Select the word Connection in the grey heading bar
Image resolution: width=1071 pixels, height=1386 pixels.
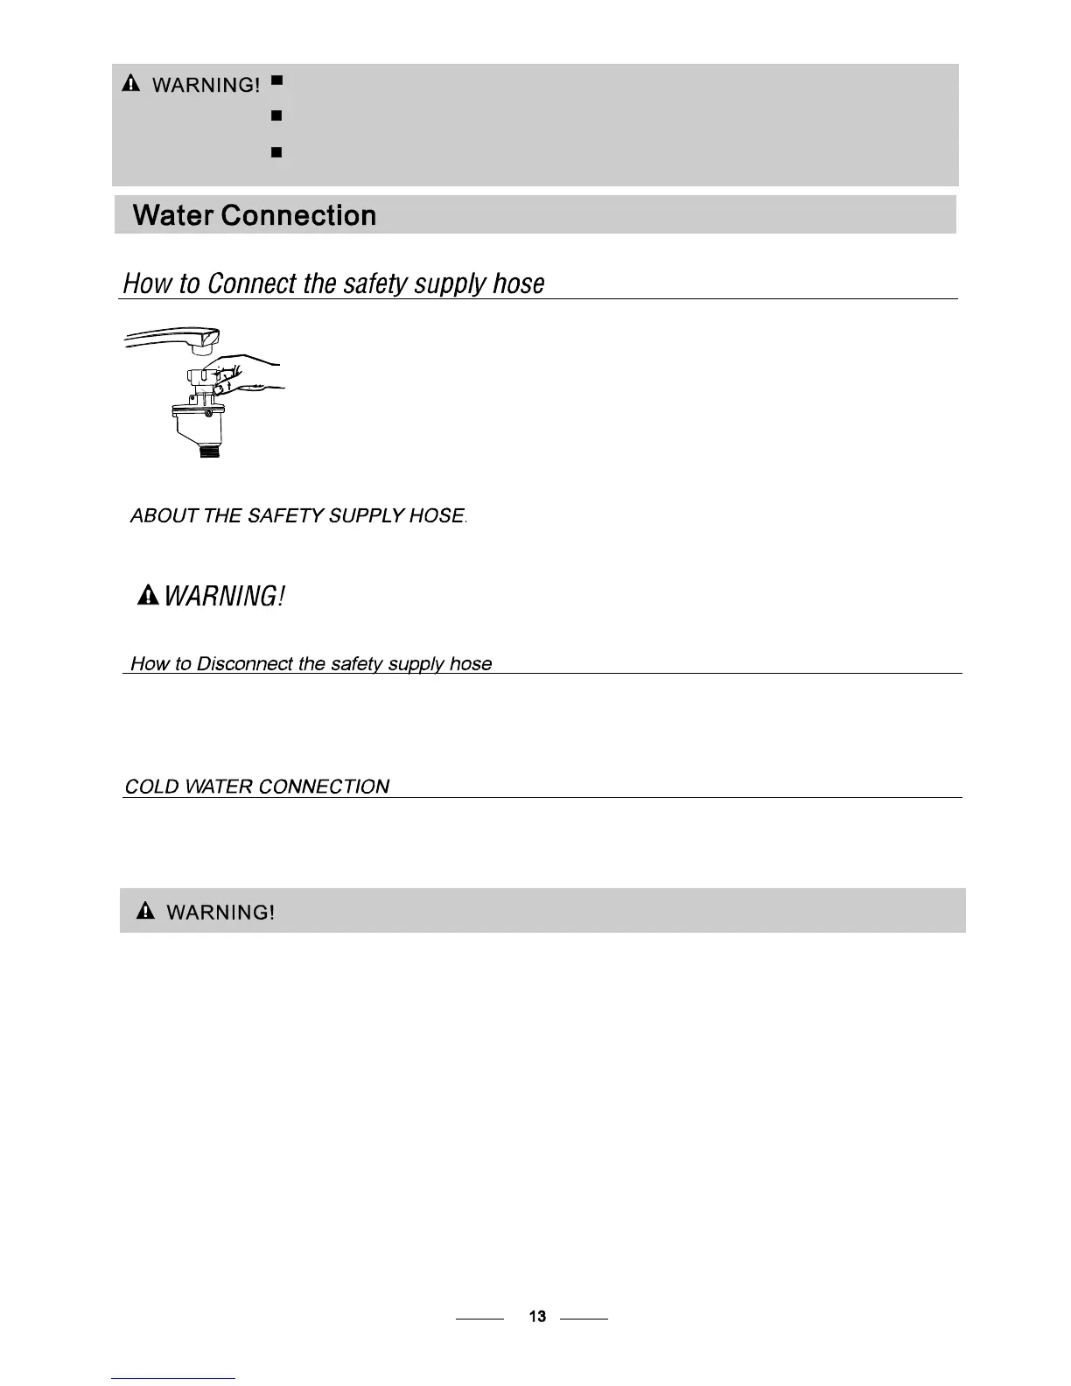point(298,215)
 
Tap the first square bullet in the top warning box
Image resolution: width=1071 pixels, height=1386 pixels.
point(276,80)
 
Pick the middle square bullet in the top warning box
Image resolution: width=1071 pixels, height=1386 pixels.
point(276,115)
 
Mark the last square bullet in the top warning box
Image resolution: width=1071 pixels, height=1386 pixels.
point(276,152)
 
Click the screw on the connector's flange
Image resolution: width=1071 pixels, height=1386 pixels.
point(207,413)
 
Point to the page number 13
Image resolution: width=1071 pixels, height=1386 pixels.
point(537,1316)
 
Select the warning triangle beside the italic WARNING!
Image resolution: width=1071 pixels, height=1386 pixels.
point(148,597)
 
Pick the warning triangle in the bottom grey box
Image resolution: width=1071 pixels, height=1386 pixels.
point(146,912)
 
